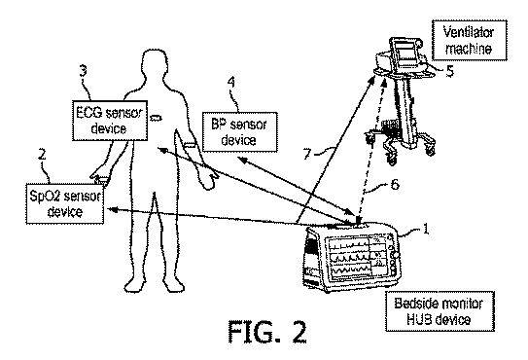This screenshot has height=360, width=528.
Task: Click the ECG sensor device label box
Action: click(x=110, y=121)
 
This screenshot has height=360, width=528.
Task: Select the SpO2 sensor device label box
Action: click(x=65, y=203)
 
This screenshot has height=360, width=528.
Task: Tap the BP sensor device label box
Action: click(x=240, y=132)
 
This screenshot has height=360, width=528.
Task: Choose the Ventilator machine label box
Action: click(x=470, y=40)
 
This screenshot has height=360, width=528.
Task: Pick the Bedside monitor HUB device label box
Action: click(x=440, y=311)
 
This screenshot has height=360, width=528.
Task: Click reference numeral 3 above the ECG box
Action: click(x=84, y=70)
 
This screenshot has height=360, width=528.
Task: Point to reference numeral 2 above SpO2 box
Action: click(x=42, y=155)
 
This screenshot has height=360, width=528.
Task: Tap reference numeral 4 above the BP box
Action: click(x=231, y=83)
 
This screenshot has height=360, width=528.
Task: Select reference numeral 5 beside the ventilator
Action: click(x=450, y=71)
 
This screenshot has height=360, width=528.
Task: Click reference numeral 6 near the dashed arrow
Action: click(x=395, y=184)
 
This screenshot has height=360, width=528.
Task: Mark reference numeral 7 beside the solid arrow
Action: click(x=307, y=155)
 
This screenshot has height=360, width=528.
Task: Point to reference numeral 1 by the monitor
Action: click(x=426, y=229)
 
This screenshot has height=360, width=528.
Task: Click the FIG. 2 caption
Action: click(x=267, y=332)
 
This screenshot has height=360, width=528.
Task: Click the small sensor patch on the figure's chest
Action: click(x=156, y=118)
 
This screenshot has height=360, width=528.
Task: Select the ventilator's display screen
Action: click(x=405, y=53)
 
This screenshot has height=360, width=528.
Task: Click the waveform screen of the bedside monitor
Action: click(x=357, y=259)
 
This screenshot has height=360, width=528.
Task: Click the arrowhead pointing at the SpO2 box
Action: click(x=112, y=209)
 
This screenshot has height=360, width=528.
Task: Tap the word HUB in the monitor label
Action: click(x=417, y=319)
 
